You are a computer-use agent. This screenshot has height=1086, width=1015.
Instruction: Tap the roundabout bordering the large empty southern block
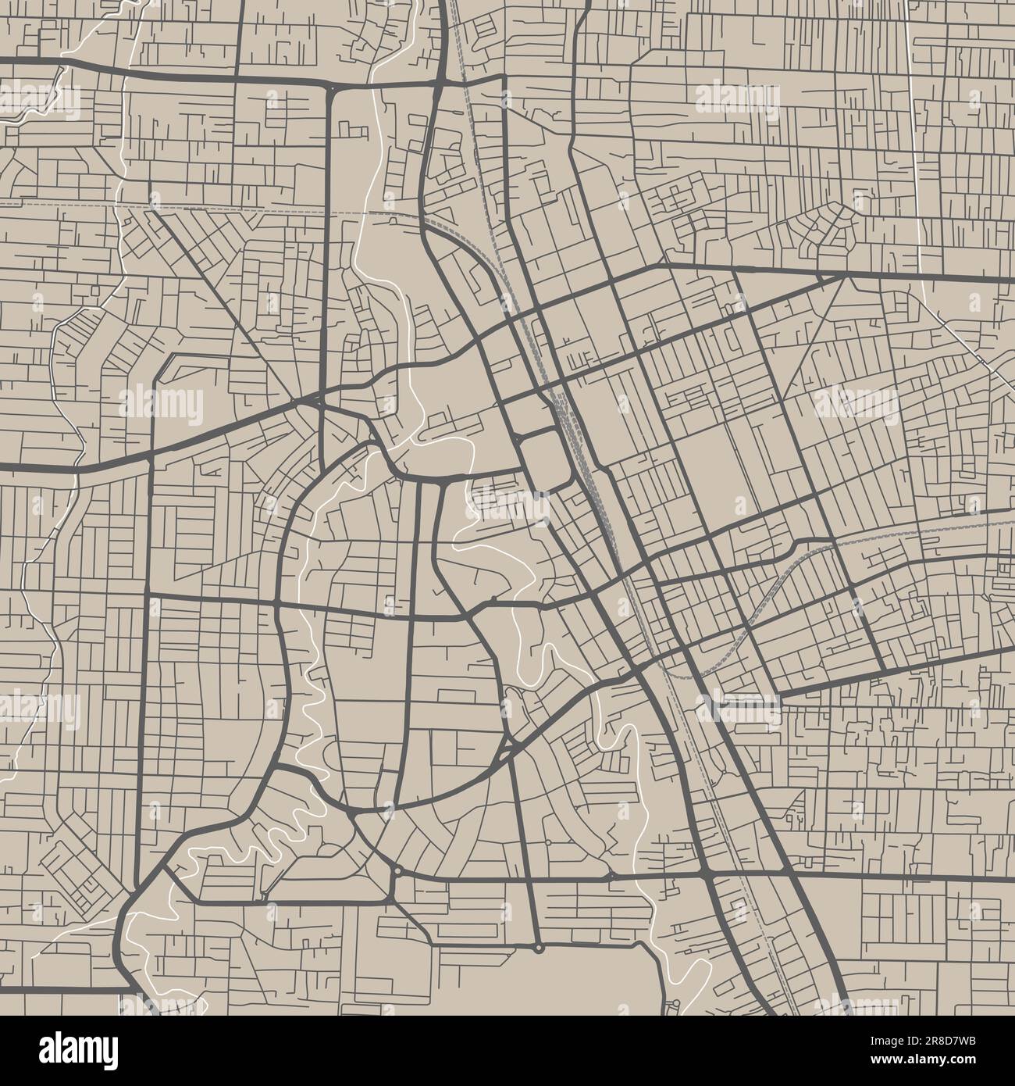point(539,948)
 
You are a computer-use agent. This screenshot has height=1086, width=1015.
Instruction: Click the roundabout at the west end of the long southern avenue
point(397,870)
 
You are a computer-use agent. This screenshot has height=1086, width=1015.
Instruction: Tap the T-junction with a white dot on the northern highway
point(333,89)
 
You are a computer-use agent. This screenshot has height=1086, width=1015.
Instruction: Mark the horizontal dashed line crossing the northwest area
point(234,209)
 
